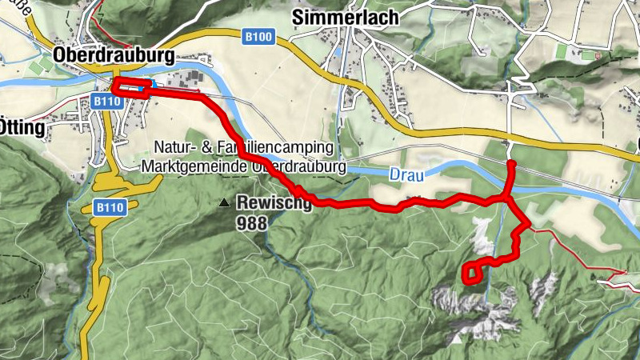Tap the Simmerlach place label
[335, 17]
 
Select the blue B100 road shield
[257, 36]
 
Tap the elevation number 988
[251, 221]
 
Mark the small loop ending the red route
[472, 274]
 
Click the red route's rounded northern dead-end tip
[511, 163]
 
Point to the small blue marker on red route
[150, 83]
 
